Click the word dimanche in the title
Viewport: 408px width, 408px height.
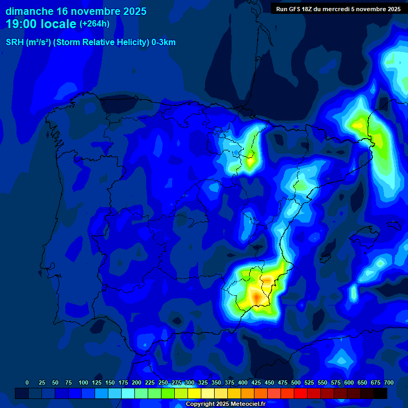pyautogui.click(x=29, y=11)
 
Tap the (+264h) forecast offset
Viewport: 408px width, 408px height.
pyautogui.click(x=96, y=24)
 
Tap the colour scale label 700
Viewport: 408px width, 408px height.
pyautogui.click(x=388, y=382)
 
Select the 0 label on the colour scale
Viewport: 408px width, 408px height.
pyautogui.click(x=27, y=382)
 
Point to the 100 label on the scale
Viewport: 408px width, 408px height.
pyautogui.click(x=83, y=382)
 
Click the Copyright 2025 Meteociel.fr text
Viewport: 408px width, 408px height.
pyautogui.click(x=225, y=404)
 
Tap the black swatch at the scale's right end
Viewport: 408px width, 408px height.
pyautogui.click(x=380, y=393)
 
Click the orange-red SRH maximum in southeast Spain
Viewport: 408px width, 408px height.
pyautogui.click(x=257, y=299)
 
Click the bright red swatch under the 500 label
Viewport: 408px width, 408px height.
pyautogui.click(x=301, y=393)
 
